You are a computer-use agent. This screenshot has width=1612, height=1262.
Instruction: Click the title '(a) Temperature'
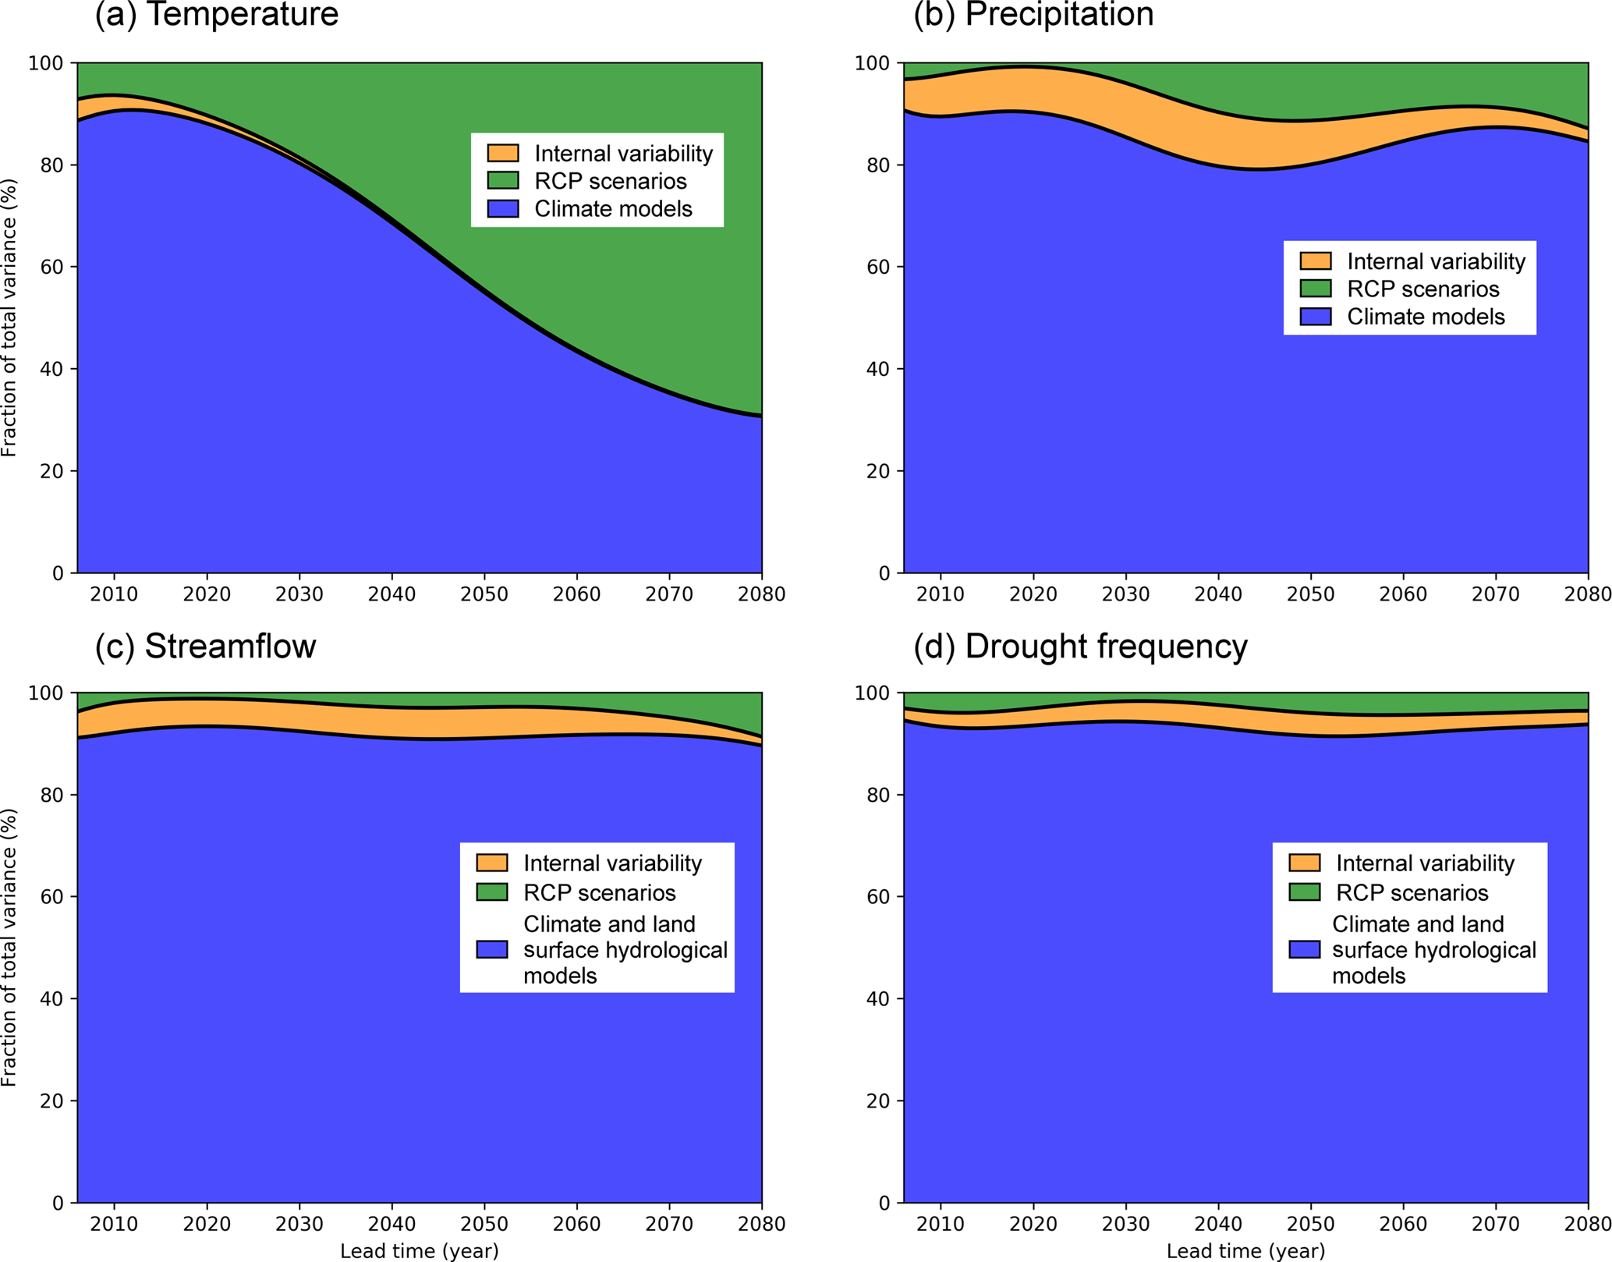tap(217, 14)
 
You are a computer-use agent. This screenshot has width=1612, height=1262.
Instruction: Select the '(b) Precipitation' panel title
tap(1033, 14)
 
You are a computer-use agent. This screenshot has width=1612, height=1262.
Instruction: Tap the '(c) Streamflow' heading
tap(205, 647)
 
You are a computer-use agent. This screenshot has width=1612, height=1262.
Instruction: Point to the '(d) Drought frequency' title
tap(1080, 647)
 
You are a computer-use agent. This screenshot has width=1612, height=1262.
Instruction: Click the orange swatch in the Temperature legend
tap(503, 153)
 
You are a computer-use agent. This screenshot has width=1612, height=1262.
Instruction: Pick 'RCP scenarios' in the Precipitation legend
tap(1422, 289)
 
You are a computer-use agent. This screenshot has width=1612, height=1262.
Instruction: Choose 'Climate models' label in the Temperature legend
tap(613, 209)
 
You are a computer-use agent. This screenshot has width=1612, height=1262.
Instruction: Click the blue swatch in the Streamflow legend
tap(492, 949)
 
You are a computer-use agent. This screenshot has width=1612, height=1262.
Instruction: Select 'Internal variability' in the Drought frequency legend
tap(1425, 863)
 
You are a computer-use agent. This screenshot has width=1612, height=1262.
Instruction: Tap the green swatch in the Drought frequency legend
tap(1305, 892)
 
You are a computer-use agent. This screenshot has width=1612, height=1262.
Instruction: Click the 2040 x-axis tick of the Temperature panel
tap(392, 594)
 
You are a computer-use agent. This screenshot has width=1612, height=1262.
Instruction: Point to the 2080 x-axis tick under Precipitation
tap(1589, 594)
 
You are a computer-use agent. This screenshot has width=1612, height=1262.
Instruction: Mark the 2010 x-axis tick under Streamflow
tap(115, 1224)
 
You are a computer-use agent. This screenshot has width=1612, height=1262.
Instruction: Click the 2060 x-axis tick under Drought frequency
tap(1403, 1224)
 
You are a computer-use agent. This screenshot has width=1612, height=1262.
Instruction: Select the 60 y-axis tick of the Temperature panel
tap(52, 267)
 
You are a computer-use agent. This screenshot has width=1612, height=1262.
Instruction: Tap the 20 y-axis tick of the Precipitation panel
tap(879, 471)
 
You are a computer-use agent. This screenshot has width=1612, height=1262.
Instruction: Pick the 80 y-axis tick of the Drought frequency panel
tap(879, 795)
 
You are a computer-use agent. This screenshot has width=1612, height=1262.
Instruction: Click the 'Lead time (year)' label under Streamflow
tap(419, 1251)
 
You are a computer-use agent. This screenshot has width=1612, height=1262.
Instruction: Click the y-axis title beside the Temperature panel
tap(9, 317)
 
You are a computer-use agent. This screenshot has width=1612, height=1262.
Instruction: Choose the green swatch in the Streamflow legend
tap(492, 892)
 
